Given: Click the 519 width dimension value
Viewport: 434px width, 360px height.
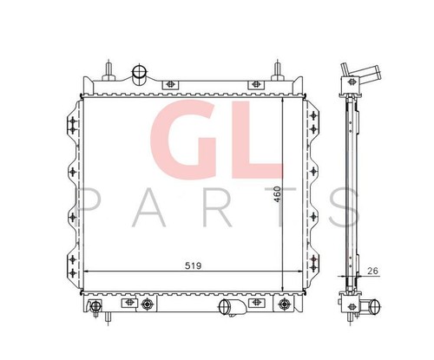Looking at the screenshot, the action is [193, 265].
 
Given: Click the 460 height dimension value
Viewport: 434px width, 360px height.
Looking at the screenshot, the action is [277, 194].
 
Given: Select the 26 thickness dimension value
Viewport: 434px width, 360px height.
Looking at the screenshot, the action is [372, 271].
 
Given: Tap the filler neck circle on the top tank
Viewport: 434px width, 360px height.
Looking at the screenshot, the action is [140, 71].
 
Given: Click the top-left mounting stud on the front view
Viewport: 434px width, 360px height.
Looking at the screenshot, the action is [108, 70].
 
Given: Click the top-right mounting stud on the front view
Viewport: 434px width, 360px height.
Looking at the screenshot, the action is [278, 70].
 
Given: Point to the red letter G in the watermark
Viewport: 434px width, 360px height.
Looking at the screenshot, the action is [183, 140].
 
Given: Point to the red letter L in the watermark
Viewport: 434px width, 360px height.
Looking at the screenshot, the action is [257, 140].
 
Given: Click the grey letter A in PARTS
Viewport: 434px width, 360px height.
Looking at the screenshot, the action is [148, 207].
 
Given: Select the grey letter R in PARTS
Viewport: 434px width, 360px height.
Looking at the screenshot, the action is [216, 207].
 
